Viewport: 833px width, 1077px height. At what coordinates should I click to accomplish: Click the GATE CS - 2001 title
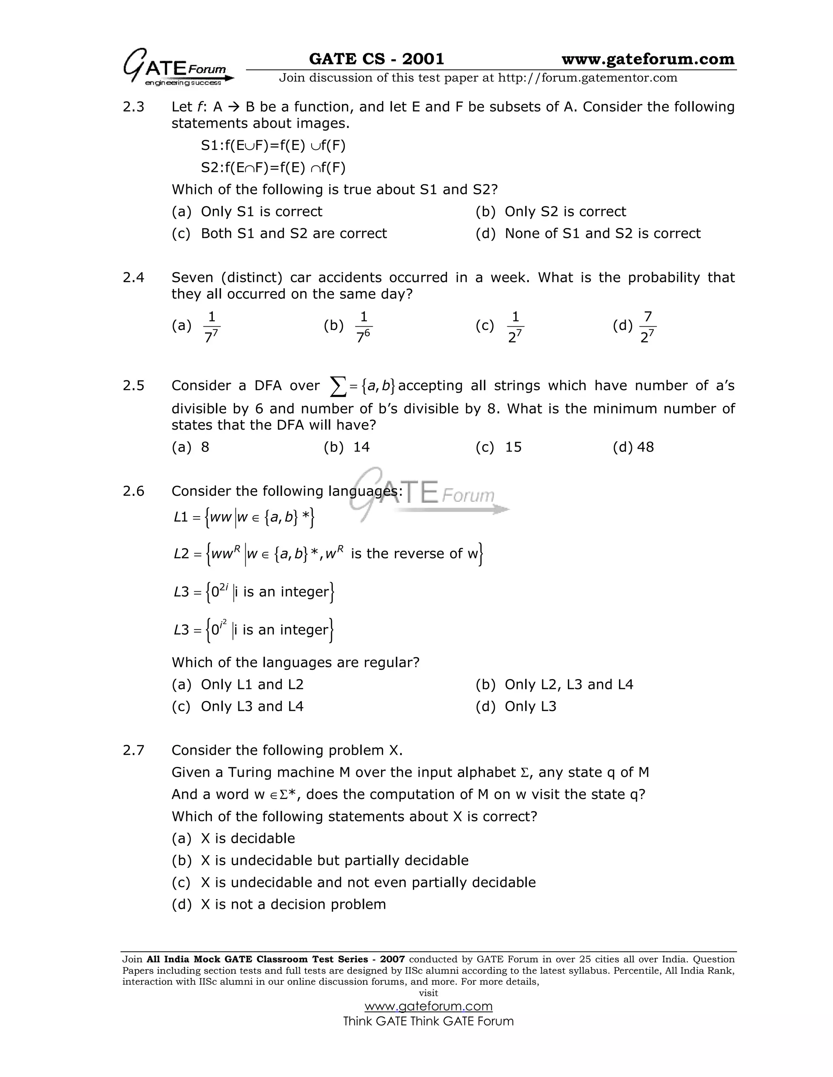376,59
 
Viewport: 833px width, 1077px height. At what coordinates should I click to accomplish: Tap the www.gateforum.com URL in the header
648,59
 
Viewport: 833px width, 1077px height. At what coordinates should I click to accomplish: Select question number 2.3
133,107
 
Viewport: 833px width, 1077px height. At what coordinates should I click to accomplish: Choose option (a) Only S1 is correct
247,212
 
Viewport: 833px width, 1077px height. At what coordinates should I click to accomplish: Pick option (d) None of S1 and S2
588,233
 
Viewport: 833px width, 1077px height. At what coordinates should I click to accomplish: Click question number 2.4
133,278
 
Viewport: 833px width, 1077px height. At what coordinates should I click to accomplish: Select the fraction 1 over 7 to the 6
363,326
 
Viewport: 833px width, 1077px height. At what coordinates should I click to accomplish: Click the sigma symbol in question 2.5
338,386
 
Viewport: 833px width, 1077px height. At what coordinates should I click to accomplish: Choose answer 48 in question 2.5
645,447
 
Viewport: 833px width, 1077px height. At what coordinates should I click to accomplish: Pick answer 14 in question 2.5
361,447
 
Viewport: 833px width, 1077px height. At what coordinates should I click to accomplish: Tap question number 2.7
133,751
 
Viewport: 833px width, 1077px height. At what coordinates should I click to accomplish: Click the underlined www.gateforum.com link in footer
428,1006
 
